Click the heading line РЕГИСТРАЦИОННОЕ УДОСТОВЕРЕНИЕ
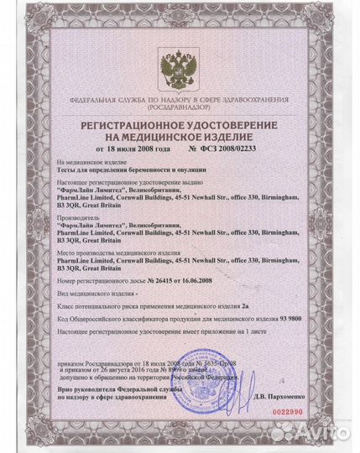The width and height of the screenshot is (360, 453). tap(180, 123)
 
